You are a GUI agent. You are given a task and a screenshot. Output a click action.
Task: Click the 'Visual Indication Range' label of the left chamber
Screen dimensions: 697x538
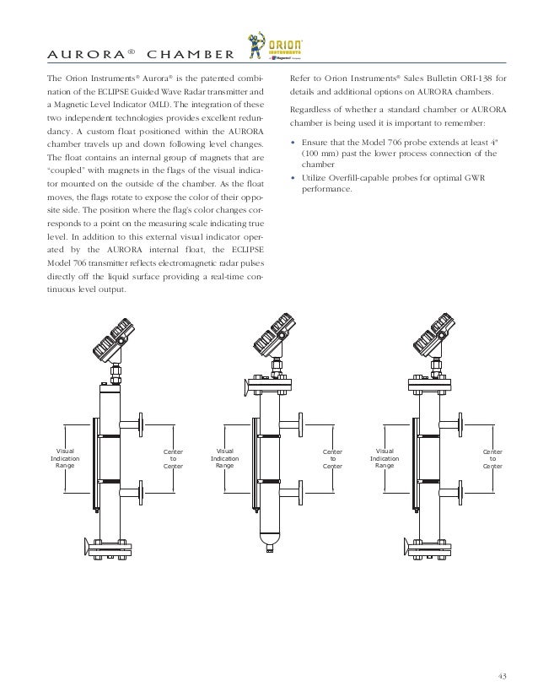click(64, 457)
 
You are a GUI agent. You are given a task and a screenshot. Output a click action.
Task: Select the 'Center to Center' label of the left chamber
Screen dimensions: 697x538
click(172, 458)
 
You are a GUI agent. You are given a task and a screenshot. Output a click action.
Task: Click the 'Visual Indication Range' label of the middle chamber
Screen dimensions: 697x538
click(224, 457)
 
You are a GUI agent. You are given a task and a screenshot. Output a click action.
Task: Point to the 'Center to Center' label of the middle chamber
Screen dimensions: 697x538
click(332, 458)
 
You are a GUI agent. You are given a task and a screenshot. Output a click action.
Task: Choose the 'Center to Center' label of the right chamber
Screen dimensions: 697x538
click(492, 458)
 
